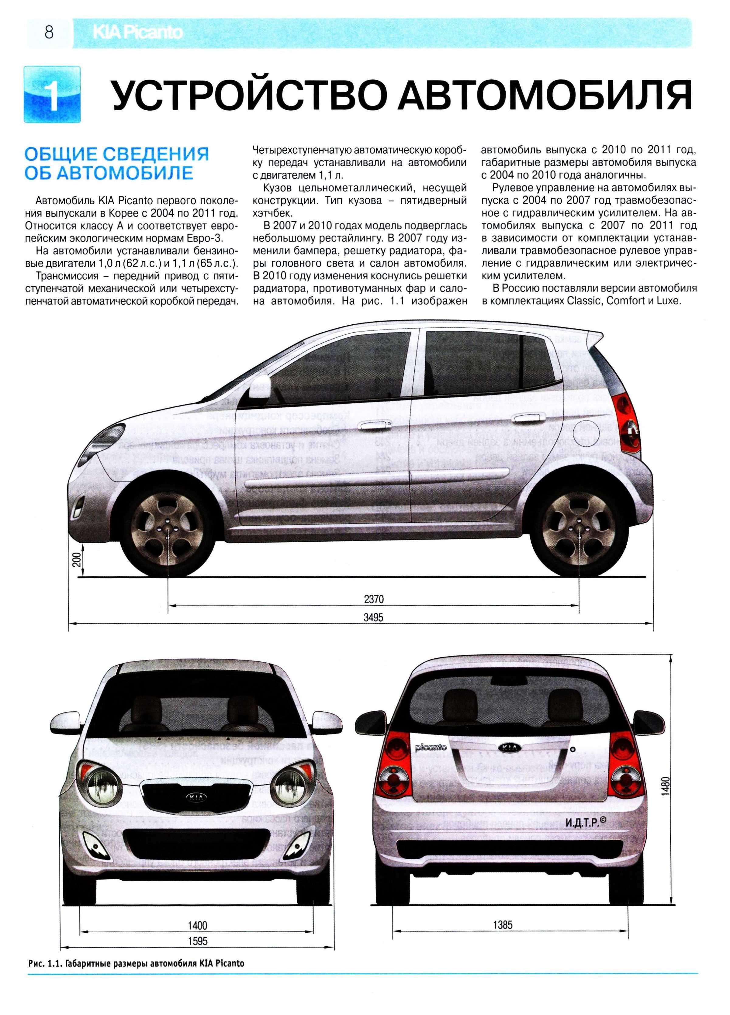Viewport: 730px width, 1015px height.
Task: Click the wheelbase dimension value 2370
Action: tap(373, 599)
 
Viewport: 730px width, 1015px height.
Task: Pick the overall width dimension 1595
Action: tap(197, 941)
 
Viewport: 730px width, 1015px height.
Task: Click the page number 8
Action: tap(49, 33)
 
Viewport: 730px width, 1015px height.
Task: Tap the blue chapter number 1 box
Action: tap(52, 95)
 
